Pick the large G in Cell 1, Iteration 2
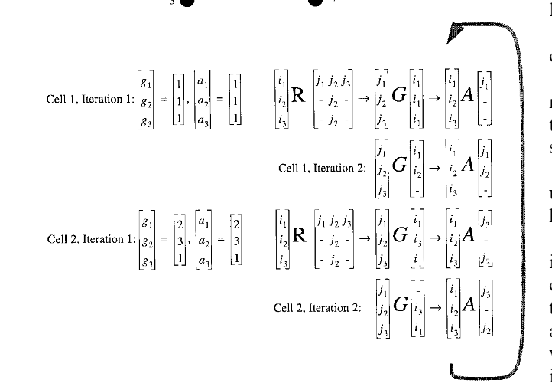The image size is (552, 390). [x=398, y=167]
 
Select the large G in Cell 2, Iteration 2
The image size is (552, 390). [x=398, y=308]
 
